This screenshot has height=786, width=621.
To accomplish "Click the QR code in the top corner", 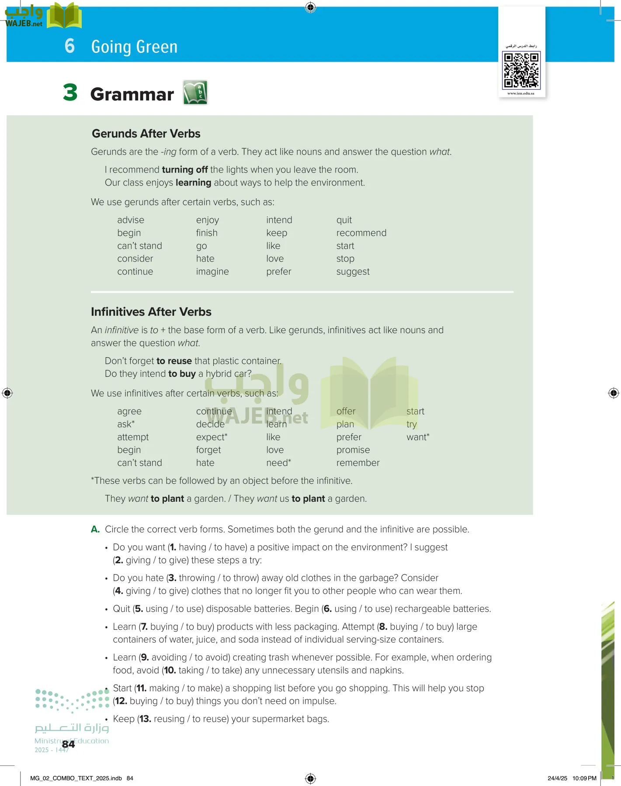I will pyautogui.click(x=521, y=70).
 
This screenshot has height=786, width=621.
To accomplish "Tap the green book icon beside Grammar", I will pyautogui.click(x=195, y=93).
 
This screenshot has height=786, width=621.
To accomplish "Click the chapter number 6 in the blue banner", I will pyautogui.click(x=69, y=46).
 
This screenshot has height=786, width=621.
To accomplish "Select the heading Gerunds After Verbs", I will pyautogui.click(x=146, y=134).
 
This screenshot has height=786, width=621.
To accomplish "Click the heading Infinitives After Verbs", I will pyautogui.click(x=151, y=312).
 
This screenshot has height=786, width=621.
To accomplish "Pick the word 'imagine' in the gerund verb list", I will pyautogui.click(x=212, y=272).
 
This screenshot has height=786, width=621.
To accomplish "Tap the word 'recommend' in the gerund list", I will pyautogui.click(x=361, y=233).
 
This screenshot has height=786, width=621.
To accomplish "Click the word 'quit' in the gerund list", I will pyautogui.click(x=344, y=220).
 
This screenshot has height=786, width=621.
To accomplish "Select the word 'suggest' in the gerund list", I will pyautogui.click(x=353, y=272).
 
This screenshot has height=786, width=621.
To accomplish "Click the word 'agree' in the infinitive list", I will pyautogui.click(x=129, y=411).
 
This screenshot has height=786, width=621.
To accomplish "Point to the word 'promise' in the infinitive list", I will pyautogui.click(x=353, y=450).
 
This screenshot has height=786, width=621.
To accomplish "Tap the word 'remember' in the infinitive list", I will pyautogui.click(x=358, y=463).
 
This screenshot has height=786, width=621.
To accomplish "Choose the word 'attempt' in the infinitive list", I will pyautogui.click(x=133, y=437).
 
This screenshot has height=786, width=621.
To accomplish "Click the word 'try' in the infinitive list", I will pyautogui.click(x=412, y=424).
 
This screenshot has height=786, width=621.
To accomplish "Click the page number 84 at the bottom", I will pyautogui.click(x=68, y=744).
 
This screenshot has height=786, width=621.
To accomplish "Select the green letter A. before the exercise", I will pyautogui.click(x=95, y=529).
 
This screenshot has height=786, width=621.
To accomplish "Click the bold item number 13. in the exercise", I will pyautogui.click(x=145, y=719).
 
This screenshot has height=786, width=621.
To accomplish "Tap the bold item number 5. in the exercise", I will pyautogui.click(x=139, y=609).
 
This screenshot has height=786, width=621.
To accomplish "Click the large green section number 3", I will pyautogui.click(x=70, y=93).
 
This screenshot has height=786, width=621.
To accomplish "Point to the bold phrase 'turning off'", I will pyautogui.click(x=184, y=169).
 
